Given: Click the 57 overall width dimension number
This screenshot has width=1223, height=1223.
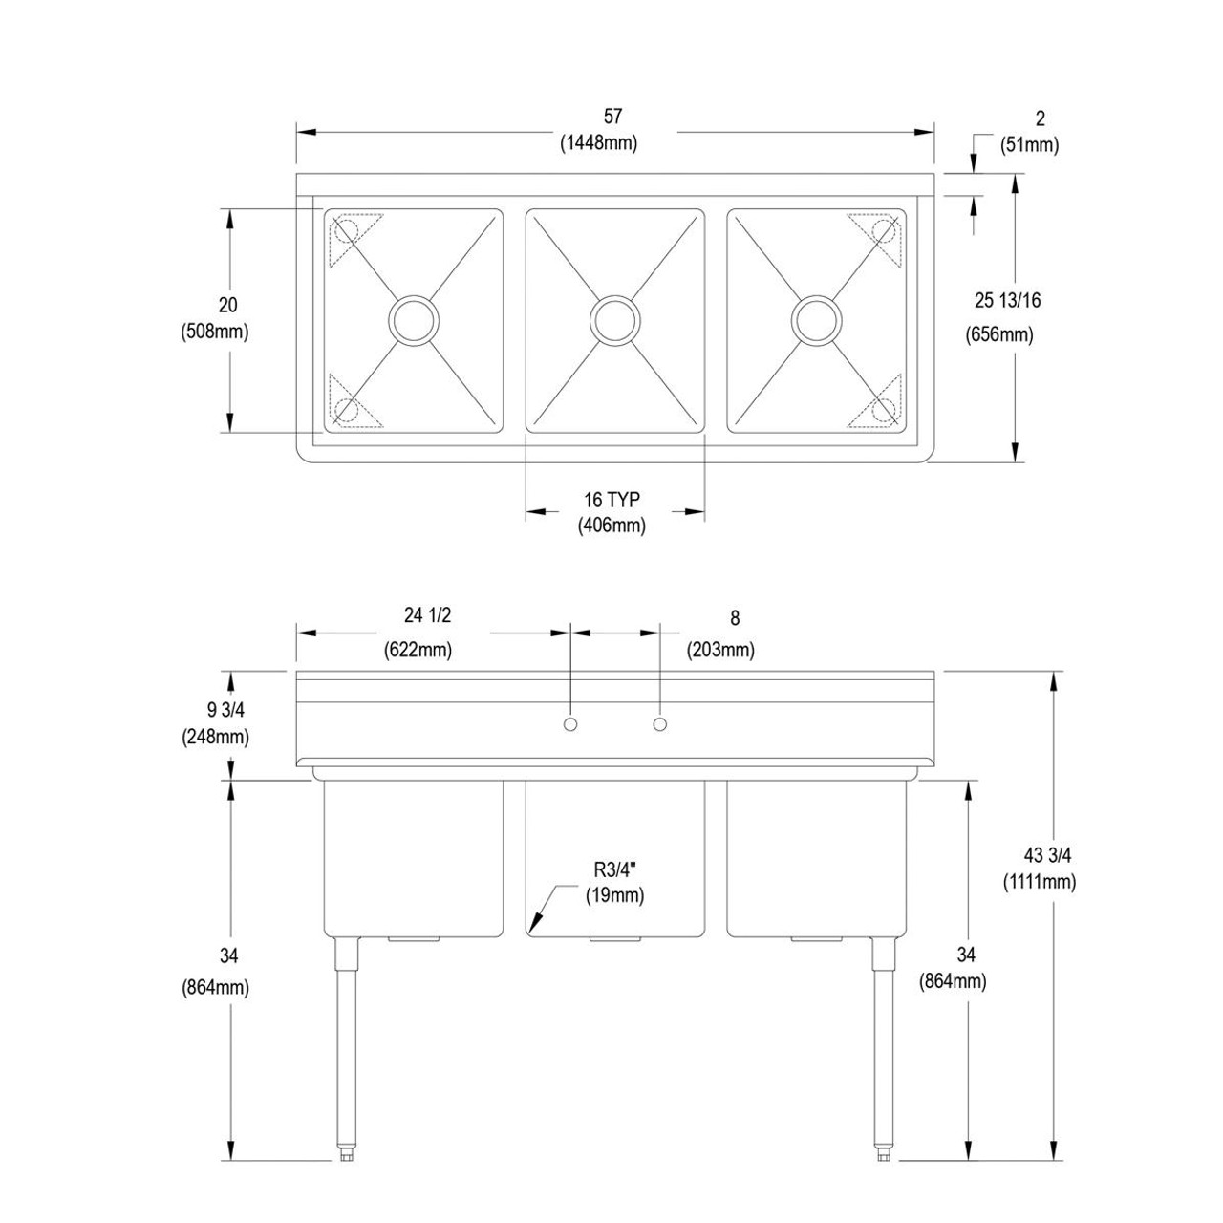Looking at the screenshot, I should pyautogui.click(x=612, y=116).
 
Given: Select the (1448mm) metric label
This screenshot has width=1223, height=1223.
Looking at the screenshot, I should pyautogui.click(x=598, y=143).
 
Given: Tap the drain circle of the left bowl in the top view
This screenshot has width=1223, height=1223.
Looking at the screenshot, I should pyautogui.click(x=414, y=319).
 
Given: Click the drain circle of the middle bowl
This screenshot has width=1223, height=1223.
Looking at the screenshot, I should pyautogui.click(x=615, y=319).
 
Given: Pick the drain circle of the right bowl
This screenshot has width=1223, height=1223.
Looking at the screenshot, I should pyautogui.click(x=817, y=319).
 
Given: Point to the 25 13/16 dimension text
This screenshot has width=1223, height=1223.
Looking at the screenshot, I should pyautogui.click(x=1007, y=300).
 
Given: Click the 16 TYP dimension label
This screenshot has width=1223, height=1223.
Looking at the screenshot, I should pyautogui.click(x=611, y=499).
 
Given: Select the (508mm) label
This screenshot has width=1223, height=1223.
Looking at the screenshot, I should pyautogui.click(x=214, y=332).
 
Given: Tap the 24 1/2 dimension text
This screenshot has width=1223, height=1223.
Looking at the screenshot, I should pyautogui.click(x=426, y=616).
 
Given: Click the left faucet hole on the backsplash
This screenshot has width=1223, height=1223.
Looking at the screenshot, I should pyautogui.click(x=570, y=724).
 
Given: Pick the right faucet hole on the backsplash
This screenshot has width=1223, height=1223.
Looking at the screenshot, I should pyautogui.click(x=659, y=724).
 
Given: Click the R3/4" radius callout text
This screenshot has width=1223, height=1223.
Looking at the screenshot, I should pyautogui.click(x=615, y=869).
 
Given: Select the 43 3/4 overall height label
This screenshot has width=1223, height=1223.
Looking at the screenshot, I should pyautogui.click(x=1040, y=855).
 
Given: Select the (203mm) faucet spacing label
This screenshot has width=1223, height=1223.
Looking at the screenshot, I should pyautogui.click(x=720, y=650).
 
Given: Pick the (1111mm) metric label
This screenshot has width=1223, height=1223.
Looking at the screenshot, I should pyautogui.click(x=1040, y=881).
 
